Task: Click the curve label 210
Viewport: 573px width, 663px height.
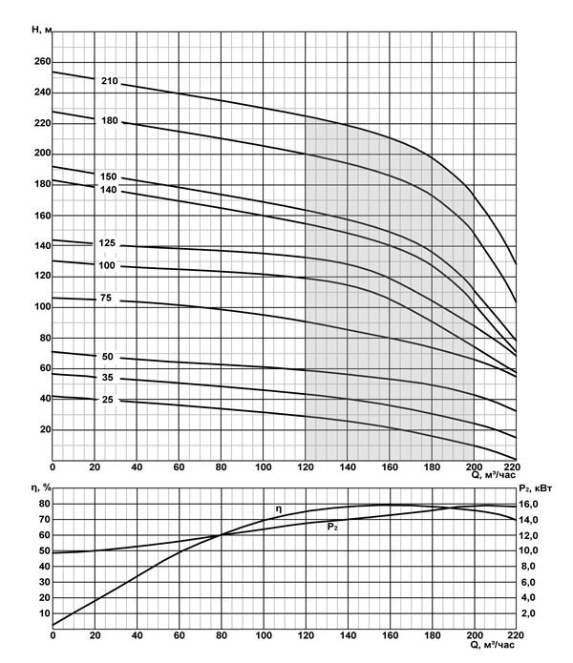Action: [x=109, y=80]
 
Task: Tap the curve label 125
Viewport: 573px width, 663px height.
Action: [x=107, y=244]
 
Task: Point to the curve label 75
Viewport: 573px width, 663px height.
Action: [x=106, y=300]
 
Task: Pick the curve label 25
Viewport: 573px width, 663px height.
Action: [x=107, y=400]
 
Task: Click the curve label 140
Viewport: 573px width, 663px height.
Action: [x=107, y=190]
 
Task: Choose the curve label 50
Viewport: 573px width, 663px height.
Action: [x=107, y=357]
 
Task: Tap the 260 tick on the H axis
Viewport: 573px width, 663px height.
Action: [x=39, y=62]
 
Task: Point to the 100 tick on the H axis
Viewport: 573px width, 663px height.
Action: [x=39, y=307]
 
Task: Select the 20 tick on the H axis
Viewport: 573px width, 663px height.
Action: [x=42, y=429]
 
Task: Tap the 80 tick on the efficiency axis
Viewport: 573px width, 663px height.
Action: [x=43, y=504]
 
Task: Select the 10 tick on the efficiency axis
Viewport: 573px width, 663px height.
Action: [x=43, y=613]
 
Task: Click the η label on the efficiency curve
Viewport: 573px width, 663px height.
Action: [x=278, y=508]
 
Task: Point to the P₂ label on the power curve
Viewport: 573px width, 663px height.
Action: [x=332, y=527]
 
